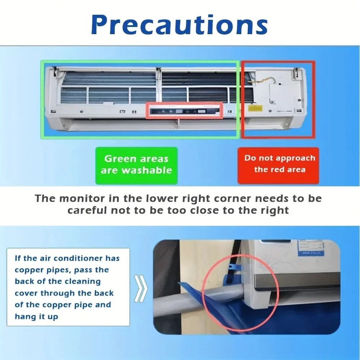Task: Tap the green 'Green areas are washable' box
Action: tap(136, 165)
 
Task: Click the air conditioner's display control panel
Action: tap(183, 111)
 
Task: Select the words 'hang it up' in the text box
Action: tap(36, 316)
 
